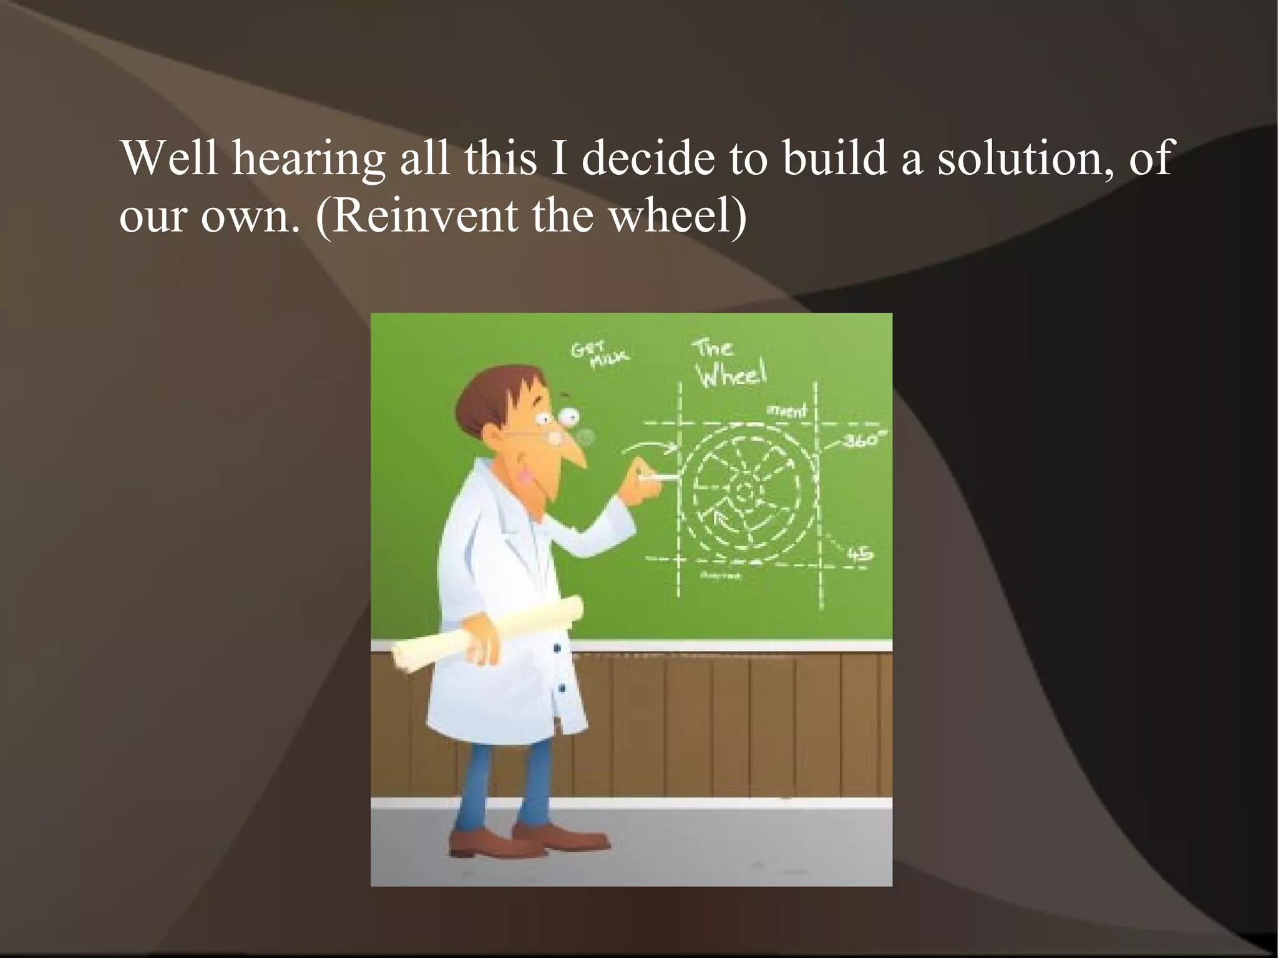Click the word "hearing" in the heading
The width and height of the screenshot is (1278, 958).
pos(308,159)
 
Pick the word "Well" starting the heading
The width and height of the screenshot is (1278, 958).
pos(169,159)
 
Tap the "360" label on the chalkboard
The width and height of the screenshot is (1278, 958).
pos(863,441)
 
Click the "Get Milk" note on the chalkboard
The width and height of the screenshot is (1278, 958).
pos(598,354)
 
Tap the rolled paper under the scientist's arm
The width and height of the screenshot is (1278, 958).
pos(487,633)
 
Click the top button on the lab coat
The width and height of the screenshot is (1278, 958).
pos(557,649)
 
